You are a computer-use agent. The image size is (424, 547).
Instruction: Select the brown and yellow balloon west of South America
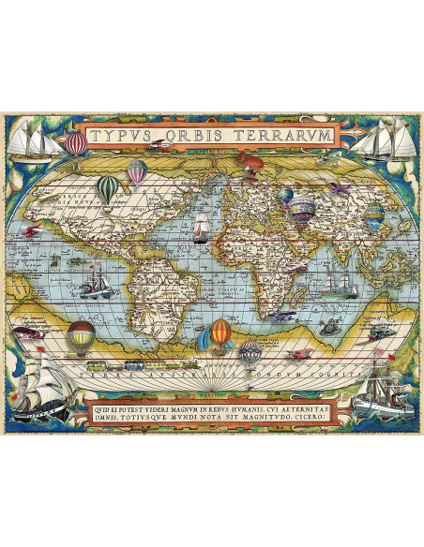(82, 333)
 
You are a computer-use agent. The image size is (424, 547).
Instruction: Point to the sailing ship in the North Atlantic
(199, 226)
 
